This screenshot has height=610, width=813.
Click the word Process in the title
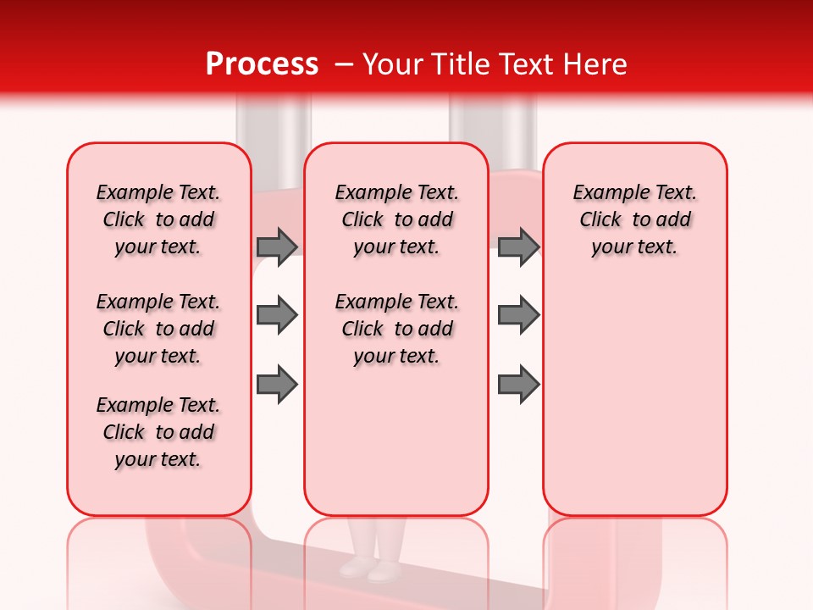coord(262,64)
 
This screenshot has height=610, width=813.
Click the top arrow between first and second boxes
coord(277,247)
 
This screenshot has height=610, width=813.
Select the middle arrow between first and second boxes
coord(277,315)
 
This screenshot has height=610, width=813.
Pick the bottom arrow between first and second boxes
coord(277,385)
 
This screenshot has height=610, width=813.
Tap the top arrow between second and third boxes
coord(518,247)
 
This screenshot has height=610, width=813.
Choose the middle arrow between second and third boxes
coord(518,315)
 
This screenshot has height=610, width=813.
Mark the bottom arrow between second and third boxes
coord(518,385)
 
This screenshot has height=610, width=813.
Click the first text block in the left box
coord(158,219)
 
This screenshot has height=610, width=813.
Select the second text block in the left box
coord(158,329)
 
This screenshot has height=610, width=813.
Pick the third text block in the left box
coord(158,432)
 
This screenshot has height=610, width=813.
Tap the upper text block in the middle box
coord(396,219)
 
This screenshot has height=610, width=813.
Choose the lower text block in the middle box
coord(396,329)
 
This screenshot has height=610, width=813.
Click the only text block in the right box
coord(634,219)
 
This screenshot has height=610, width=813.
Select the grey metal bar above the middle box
coord(491,123)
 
